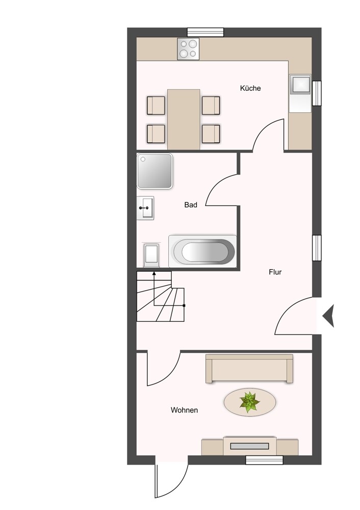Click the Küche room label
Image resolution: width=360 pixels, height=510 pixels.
[250, 88]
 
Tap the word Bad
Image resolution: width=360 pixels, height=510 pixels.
[191, 205]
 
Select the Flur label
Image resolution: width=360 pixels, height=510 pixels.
[275, 272]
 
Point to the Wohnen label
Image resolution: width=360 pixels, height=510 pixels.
[184, 410]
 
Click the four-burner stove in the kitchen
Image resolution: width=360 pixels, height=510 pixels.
[188, 49]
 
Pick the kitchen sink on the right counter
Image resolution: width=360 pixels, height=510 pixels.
[300, 86]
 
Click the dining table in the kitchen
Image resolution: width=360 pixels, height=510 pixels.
[184, 119]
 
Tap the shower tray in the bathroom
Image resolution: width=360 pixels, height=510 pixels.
[155, 171]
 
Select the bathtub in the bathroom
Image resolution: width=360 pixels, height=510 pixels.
[202, 251]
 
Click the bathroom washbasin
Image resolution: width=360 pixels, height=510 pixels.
[145, 208]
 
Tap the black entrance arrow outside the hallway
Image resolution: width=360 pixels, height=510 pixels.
[328, 316]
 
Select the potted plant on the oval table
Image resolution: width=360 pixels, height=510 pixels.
[250, 402]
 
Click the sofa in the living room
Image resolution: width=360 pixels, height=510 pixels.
[249, 369]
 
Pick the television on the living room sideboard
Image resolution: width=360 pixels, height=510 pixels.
[249, 446]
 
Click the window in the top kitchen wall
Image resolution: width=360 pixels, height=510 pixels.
[205, 32]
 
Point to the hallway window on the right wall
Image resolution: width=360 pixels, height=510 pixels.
[317, 248]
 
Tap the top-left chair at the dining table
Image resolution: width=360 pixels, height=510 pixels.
[156, 105]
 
